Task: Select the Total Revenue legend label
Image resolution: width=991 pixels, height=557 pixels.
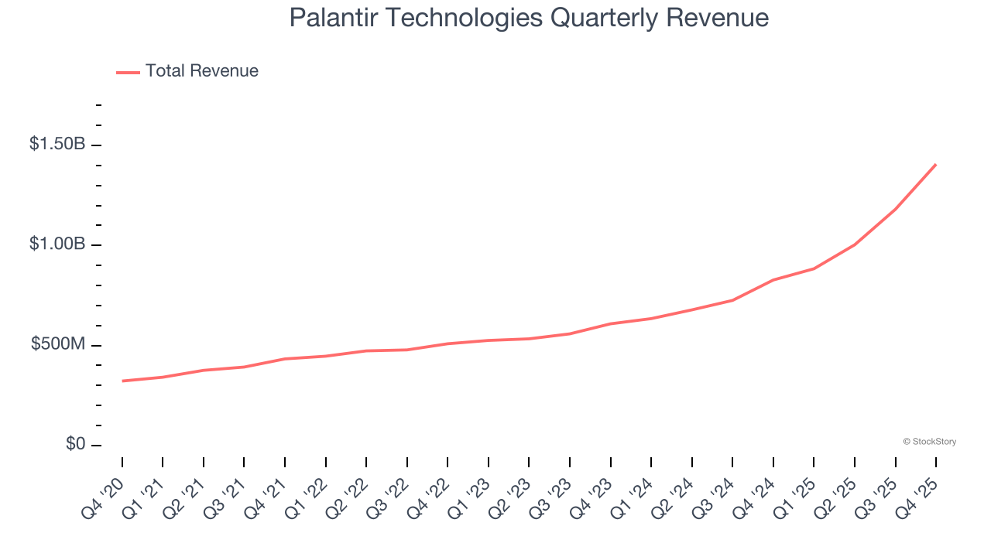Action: pos(201,71)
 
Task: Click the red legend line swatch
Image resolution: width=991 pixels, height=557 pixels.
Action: pos(128,72)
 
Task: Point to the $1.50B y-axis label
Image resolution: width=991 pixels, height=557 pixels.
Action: pos(57,145)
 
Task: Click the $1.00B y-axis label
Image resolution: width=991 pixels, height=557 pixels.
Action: pos(57,244)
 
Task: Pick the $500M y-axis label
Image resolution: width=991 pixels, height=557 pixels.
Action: pos(58,344)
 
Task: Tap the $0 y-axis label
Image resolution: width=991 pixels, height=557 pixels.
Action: pos(75,444)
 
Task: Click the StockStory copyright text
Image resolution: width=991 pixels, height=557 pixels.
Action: pos(929,442)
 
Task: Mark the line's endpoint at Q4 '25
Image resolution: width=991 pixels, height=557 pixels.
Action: pos(935,164)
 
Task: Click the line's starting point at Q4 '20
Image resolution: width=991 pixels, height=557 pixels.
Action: pos(122,381)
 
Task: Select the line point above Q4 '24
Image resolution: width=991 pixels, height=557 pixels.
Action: pos(773,280)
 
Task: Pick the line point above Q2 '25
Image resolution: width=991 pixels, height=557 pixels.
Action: pos(854,244)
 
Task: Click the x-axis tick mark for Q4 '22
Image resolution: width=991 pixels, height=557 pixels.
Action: pos(447,463)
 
